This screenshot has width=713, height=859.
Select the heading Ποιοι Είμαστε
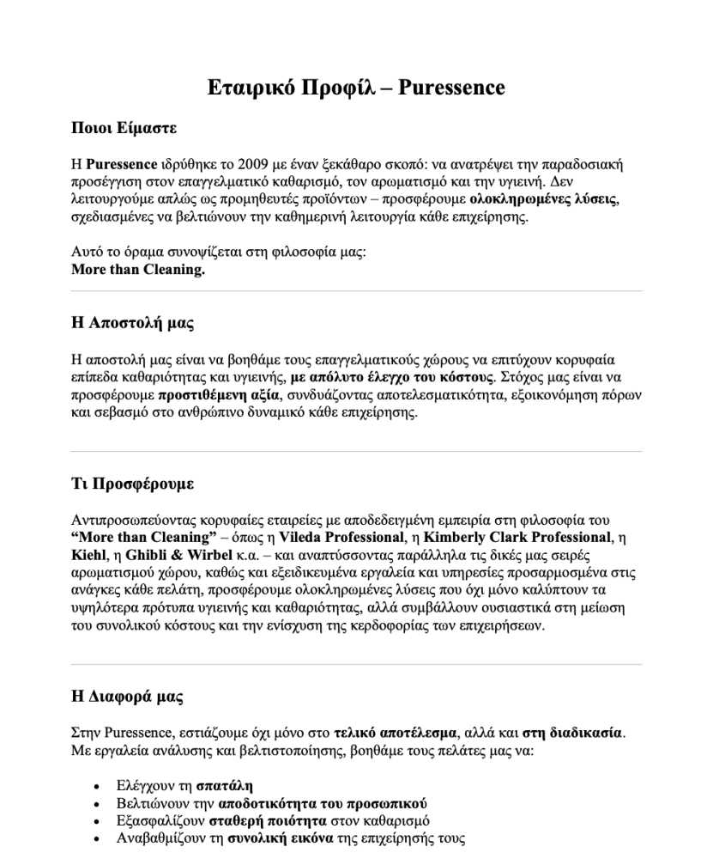[x=124, y=129]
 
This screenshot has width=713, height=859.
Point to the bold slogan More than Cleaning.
[x=138, y=269]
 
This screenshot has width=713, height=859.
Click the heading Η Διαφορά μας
[x=126, y=697]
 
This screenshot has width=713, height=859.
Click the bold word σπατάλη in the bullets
[x=224, y=786]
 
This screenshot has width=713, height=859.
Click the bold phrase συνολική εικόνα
[x=278, y=838]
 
